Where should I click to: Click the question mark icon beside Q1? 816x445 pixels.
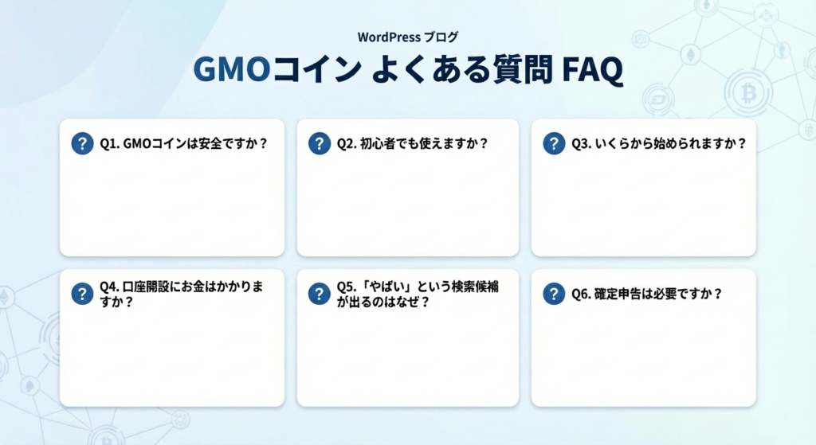82,143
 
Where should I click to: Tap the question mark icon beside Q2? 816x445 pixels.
319,143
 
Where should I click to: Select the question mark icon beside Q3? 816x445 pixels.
554,143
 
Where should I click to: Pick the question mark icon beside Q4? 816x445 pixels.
82,294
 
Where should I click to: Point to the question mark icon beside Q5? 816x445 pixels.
319,294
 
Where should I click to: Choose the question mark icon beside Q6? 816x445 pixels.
554,294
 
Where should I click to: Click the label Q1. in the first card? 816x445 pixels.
109,144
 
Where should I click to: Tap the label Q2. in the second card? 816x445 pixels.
346,144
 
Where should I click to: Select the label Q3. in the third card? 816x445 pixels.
581,144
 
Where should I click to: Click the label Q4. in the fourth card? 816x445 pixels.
109,287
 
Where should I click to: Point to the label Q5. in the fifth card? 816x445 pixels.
346,287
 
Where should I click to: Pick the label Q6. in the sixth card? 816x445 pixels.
581,294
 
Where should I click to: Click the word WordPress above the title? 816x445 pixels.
390,37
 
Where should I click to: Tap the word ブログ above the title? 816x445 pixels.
441,37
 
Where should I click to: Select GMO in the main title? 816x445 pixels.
229,70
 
